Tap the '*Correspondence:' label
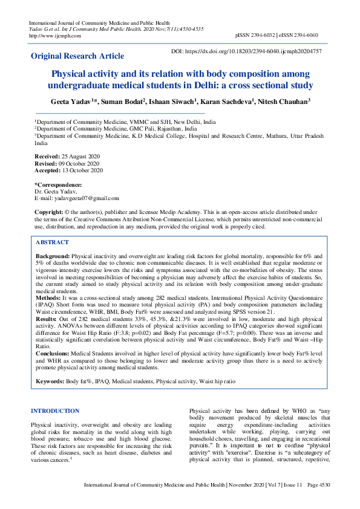58,184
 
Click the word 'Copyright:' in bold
48,213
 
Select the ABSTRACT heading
53,242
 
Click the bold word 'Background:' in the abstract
53,256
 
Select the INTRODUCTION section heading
55,411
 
